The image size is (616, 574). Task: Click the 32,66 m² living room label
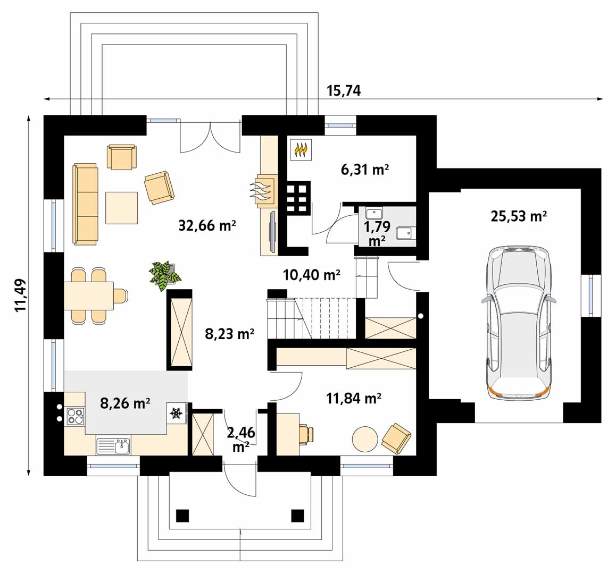[207, 226]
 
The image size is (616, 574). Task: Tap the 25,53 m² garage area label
[519, 216]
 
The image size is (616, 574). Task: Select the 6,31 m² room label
[364, 170]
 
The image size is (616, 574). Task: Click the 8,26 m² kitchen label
[125, 403]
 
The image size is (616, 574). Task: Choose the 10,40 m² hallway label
[311, 275]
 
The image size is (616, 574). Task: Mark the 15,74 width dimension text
[343, 91]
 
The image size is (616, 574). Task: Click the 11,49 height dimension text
[21, 295]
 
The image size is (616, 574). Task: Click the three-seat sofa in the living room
[85, 204]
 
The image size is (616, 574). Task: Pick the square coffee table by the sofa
[122, 208]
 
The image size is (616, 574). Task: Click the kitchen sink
[113, 446]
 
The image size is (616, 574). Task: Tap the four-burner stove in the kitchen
[74, 415]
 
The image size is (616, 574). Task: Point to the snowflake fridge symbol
[176, 413]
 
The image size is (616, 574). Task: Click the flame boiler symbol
[301, 149]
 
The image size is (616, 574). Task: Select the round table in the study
[365, 439]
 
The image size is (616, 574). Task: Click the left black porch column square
[182, 515]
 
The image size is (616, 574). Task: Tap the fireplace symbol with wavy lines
[262, 190]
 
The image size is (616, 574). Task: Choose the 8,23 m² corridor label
[229, 334]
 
